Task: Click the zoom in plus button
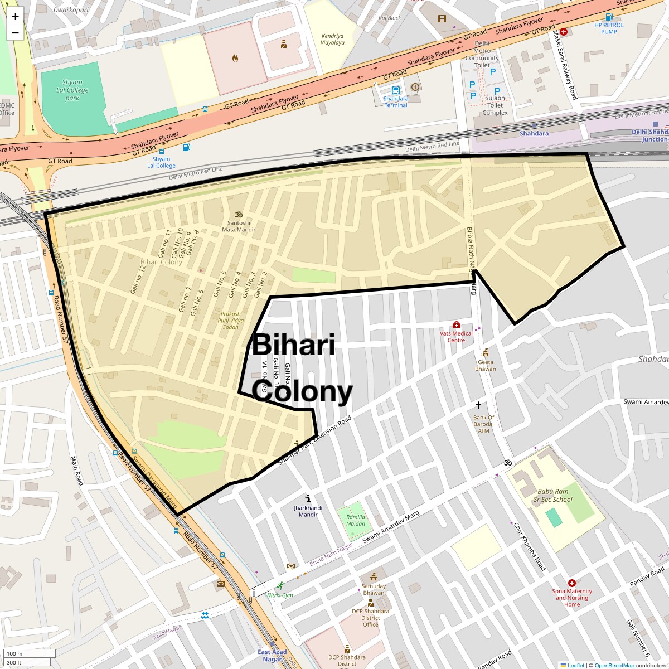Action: click(x=15, y=16)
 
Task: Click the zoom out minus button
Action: click(x=15, y=33)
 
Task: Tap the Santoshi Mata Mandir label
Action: click(x=239, y=226)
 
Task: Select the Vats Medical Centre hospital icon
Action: click(x=457, y=324)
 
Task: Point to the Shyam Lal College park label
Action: click(x=72, y=90)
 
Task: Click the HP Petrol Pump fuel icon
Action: click(x=609, y=17)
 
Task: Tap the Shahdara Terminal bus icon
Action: click(x=395, y=90)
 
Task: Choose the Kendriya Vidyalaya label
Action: click(x=332, y=40)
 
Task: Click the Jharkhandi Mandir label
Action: click(x=308, y=511)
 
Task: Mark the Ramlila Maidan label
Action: click(x=356, y=520)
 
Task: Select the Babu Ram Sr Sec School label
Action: click(x=552, y=496)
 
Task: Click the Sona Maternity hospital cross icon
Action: click(x=571, y=583)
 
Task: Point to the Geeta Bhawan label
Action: click(x=485, y=365)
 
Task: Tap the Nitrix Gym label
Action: click(x=280, y=595)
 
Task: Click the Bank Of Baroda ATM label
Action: click(x=483, y=424)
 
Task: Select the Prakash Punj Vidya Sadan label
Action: click(x=231, y=321)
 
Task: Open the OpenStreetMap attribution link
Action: click(x=614, y=665)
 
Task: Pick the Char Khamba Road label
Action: click(x=529, y=546)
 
